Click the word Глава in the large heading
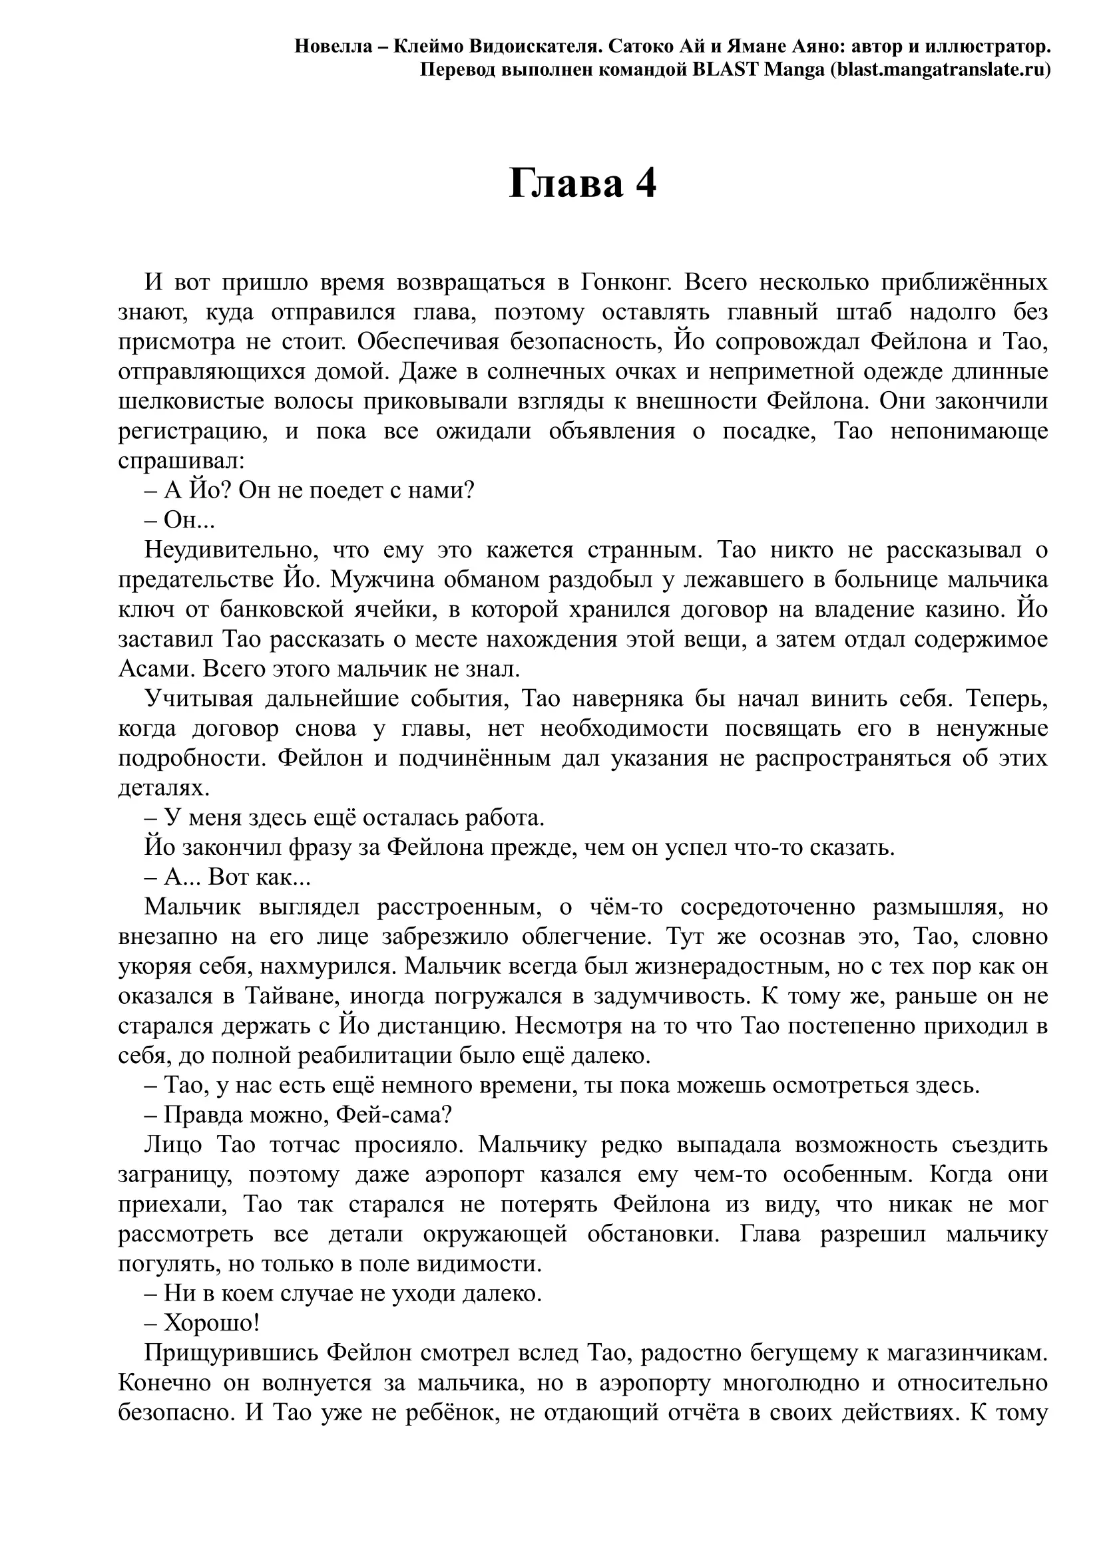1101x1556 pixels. coord(565,184)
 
